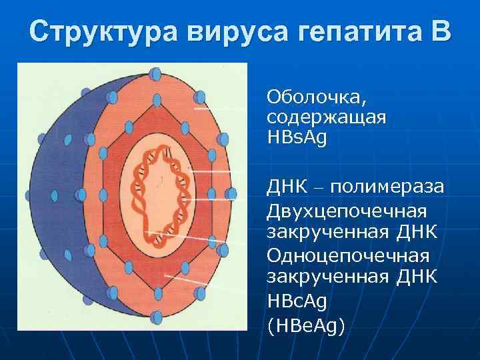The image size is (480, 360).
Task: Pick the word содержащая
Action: (x=326, y=118)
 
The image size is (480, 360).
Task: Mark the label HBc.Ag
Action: (x=298, y=301)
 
